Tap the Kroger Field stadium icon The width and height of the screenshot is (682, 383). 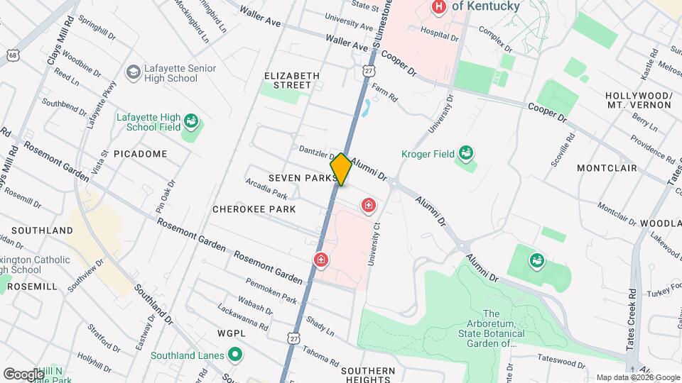pyautogui.click(x=466, y=152)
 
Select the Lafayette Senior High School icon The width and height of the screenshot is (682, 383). pyautogui.click(x=133, y=72)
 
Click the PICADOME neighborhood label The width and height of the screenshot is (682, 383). pyautogui.click(x=140, y=154)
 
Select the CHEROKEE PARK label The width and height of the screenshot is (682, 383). pyautogui.click(x=254, y=209)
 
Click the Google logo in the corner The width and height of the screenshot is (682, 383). pyautogui.click(x=23, y=373)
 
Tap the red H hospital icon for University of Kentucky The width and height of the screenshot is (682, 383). pyautogui.click(x=439, y=7)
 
